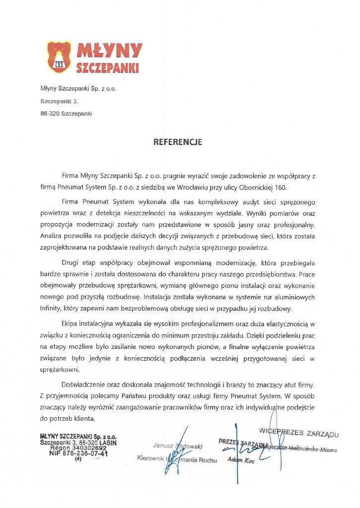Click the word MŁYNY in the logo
tap(109, 50)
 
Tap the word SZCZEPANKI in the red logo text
tap(107, 67)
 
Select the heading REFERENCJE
tap(177, 141)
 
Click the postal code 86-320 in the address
tap(50, 113)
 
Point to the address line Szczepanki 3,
tap(59, 101)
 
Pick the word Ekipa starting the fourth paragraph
tap(70, 325)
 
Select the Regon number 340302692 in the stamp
tap(92, 447)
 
